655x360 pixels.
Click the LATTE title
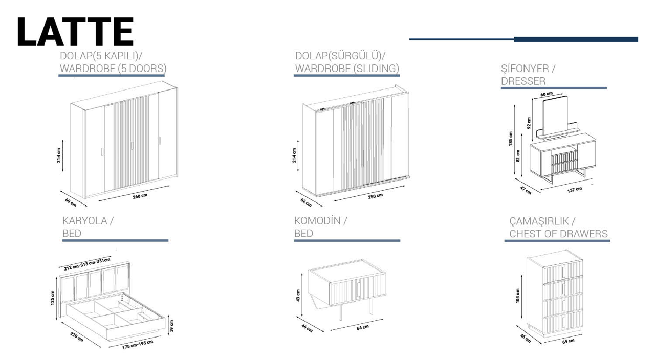[75, 32]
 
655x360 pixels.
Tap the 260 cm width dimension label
[140, 197]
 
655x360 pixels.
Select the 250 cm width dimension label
[375, 197]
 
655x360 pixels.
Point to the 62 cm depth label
[305, 202]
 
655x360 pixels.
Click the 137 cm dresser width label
[574, 190]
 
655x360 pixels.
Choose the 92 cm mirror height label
[529, 123]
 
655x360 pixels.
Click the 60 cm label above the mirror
[546, 94]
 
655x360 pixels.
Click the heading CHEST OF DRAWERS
[558, 234]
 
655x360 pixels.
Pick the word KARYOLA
[84, 221]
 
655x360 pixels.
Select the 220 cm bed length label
[77, 337]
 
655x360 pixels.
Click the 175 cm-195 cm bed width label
[138, 344]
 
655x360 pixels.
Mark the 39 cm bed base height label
[172, 325]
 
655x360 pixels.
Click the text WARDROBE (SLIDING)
[347, 69]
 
